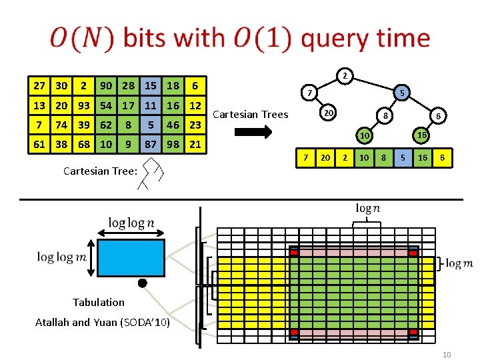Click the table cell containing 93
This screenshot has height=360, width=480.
click(x=84, y=105)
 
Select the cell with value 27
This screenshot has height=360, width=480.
click(x=40, y=85)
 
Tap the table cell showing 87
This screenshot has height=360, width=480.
click(x=151, y=144)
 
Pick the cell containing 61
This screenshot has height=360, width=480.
click(x=40, y=144)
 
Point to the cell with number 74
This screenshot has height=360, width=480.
click(x=62, y=125)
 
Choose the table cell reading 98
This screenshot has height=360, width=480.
click(x=173, y=144)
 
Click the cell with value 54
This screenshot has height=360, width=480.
click(x=106, y=105)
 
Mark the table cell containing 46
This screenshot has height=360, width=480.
click(x=173, y=125)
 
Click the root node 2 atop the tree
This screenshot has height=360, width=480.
click(x=343, y=75)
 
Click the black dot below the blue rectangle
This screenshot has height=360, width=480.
click(x=142, y=283)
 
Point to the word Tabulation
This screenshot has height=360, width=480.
click(x=99, y=302)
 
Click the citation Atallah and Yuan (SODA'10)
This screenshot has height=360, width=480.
click(x=102, y=323)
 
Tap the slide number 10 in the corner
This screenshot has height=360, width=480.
click(x=447, y=354)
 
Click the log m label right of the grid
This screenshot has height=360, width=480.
click(x=459, y=264)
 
